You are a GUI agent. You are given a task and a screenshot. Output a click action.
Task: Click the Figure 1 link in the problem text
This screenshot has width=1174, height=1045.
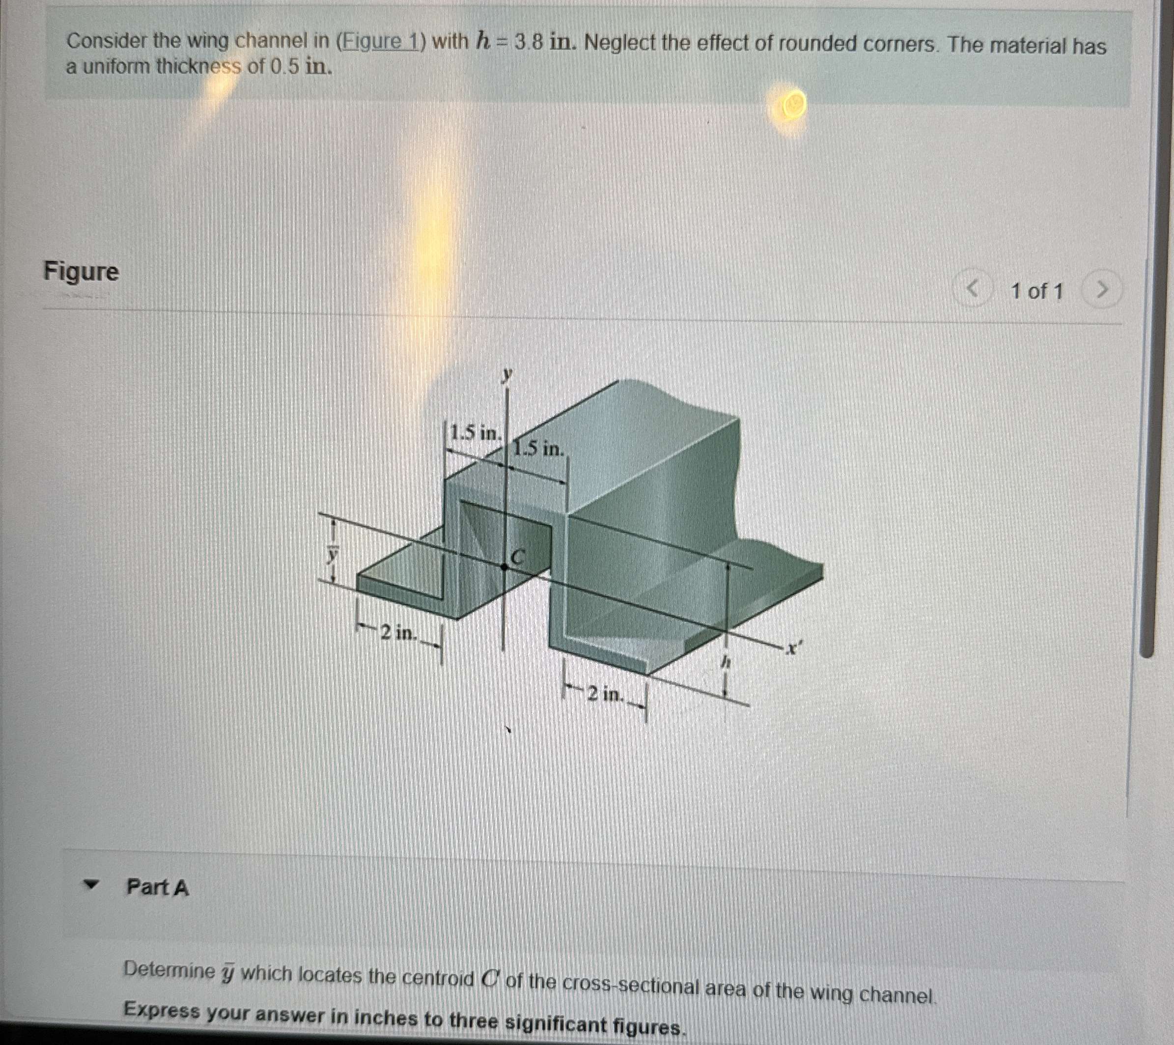[x=380, y=41]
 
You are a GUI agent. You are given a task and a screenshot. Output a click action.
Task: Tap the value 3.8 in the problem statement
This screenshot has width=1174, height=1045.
[x=529, y=43]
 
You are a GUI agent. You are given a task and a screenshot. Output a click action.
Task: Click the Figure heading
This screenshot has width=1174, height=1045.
[x=82, y=271]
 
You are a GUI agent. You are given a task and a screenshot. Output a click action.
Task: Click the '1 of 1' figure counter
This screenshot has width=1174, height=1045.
[x=1037, y=291]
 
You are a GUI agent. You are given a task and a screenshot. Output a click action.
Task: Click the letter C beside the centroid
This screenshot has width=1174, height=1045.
[x=518, y=556]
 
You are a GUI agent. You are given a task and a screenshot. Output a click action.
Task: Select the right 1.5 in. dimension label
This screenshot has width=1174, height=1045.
[x=539, y=448]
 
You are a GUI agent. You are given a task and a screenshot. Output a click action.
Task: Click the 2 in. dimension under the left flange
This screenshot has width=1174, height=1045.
[x=396, y=632]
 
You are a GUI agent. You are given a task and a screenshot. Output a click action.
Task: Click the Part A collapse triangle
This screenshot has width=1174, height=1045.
[x=90, y=885]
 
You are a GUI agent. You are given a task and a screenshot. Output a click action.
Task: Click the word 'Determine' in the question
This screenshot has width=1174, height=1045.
[x=169, y=970]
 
